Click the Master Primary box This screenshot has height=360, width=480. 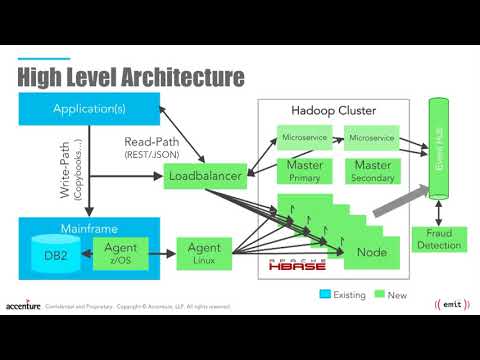pos(304,169)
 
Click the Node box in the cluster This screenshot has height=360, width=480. pos(371,252)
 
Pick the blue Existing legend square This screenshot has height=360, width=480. pos(324,294)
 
